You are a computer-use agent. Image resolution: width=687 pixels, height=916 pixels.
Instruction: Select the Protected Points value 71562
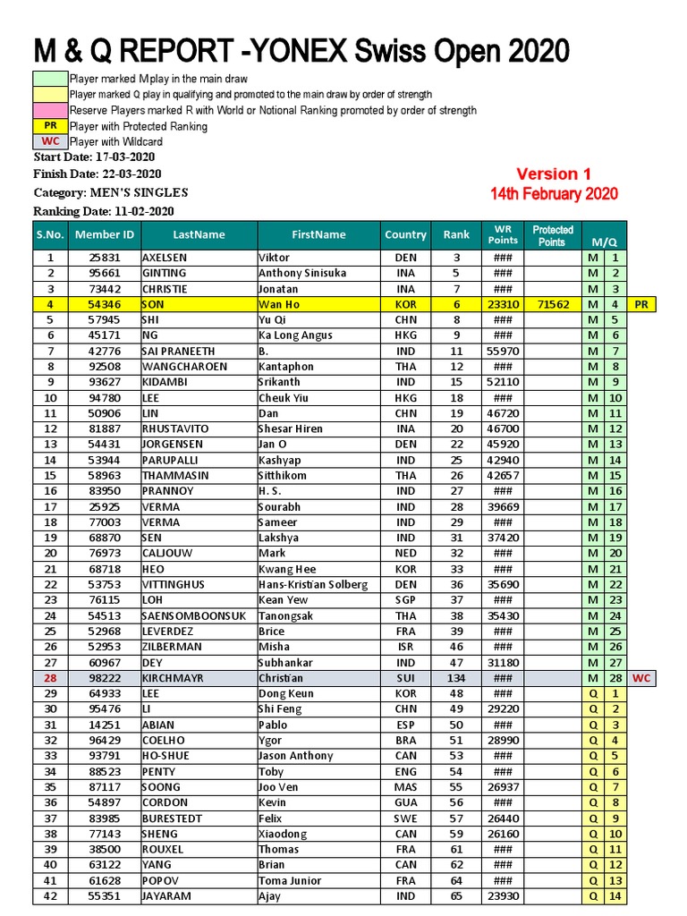click(553, 304)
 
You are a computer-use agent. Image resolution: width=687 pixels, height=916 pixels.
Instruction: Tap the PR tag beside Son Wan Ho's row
click(641, 304)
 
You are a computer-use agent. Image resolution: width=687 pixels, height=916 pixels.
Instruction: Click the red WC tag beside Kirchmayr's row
click(641, 678)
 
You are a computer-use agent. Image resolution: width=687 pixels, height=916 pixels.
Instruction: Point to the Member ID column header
click(105, 234)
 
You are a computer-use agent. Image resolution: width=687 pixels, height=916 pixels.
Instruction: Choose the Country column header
click(405, 234)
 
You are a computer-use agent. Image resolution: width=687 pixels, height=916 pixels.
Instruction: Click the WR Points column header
click(502, 234)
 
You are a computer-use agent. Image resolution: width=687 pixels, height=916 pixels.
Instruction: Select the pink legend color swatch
click(50, 110)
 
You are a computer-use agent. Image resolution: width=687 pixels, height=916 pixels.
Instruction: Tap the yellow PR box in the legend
click(50, 126)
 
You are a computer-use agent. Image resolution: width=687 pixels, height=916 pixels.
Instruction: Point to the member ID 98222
click(105, 678)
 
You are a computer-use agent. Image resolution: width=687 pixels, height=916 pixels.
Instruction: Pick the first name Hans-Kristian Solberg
click(313, 584)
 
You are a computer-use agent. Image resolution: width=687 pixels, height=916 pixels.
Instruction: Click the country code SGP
click(405, 600)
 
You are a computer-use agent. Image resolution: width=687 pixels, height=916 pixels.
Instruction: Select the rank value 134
click(456, 678)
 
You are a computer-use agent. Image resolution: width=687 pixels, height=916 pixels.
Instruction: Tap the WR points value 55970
click(502, 352)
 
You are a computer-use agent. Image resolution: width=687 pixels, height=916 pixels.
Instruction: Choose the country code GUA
click(405, 802)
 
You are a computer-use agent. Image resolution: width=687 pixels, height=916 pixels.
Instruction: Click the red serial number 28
click(50, 678)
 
